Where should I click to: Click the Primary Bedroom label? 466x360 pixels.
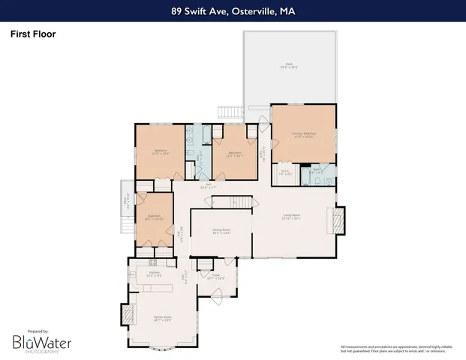click(303, 134)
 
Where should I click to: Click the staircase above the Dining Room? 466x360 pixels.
click(227, 202)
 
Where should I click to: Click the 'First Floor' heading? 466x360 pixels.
click(33, 34)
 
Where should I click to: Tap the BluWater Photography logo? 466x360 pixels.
click(41, 342)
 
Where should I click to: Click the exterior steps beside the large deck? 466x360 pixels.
click(229, 112)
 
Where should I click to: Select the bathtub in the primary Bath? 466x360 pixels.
click(308, 179)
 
